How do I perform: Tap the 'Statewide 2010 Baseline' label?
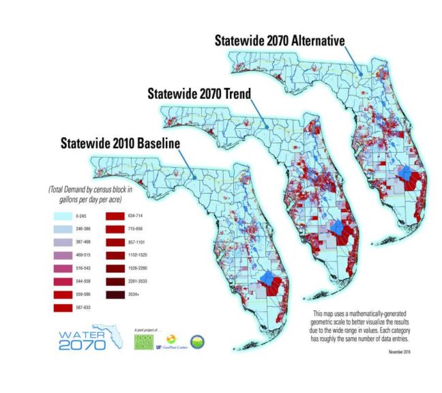point(120,143)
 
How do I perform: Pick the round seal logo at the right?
point(197,341)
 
